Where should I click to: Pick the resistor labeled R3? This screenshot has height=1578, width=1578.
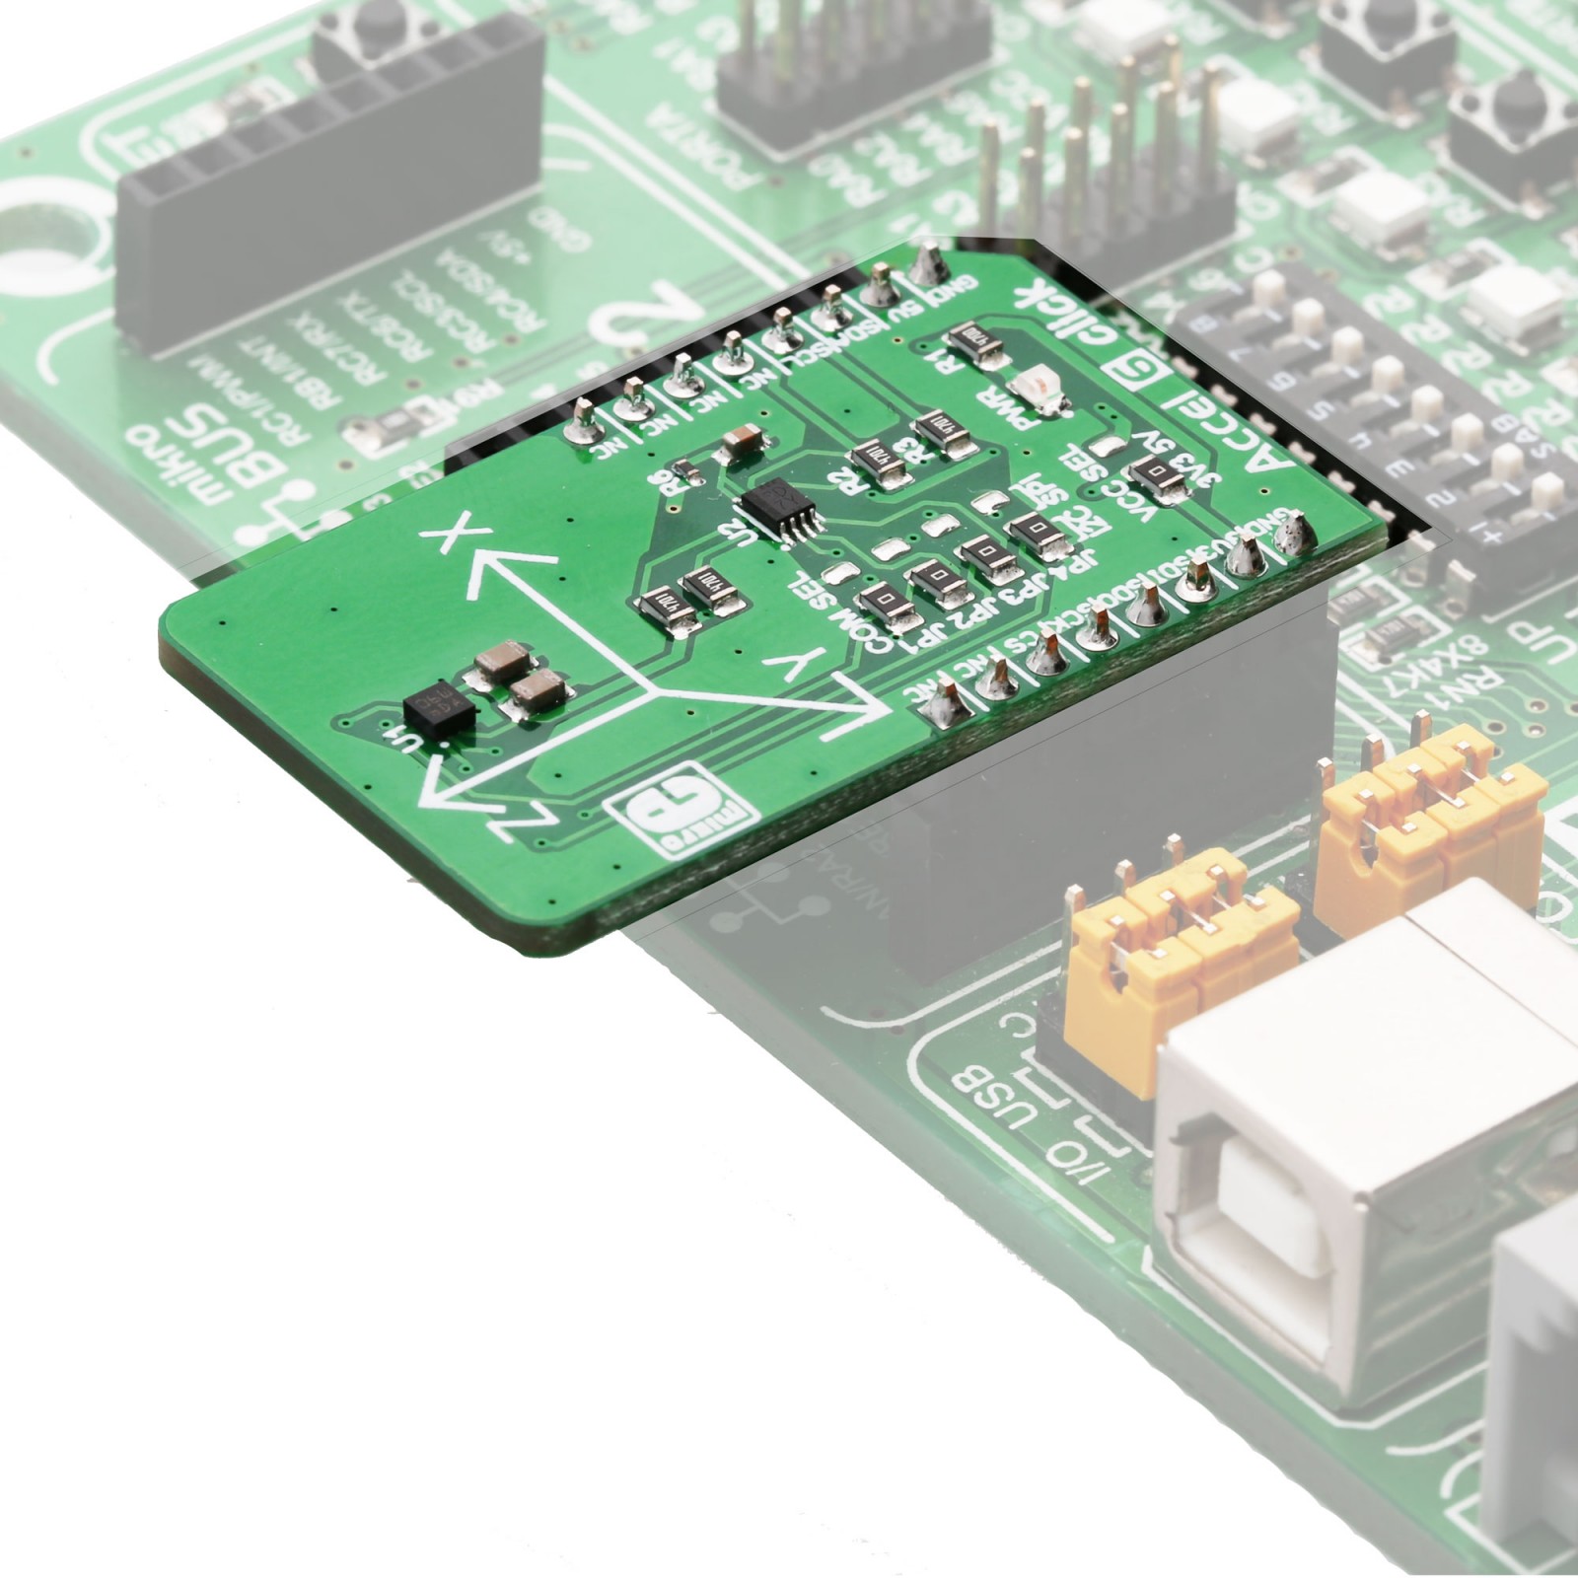tap(935, 434)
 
